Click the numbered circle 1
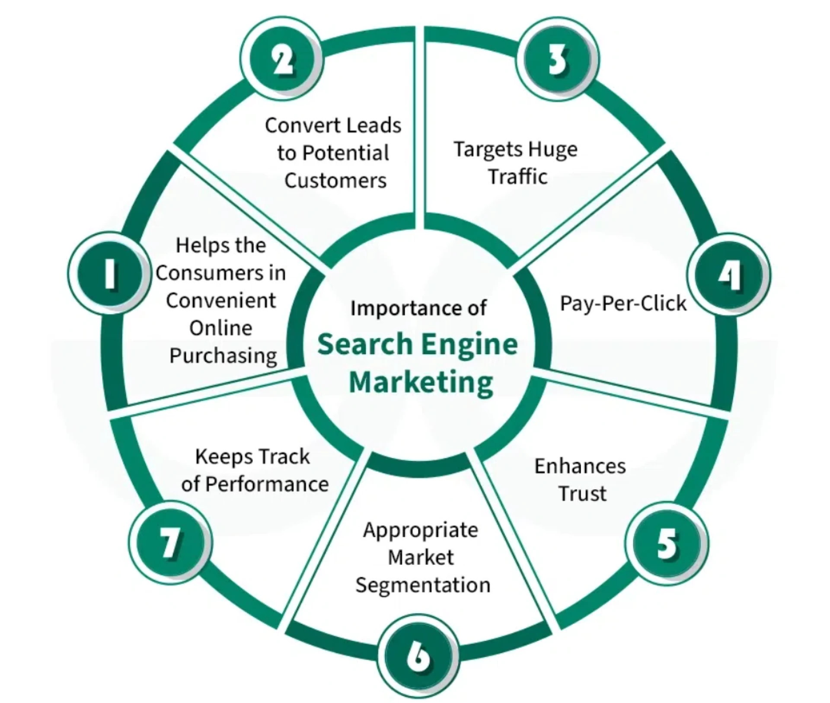[x=110, y=273]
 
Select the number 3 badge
[x=557, y=59]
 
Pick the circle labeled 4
[x=729, y=275]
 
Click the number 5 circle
[x=667, y=544]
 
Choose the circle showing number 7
[x=170, y=543]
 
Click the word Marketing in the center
[x=421, y=383]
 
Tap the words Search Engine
[x=418, y=344]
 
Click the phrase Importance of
[x=418, y=308]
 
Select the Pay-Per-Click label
[x=623, y=303]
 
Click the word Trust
[x=582, y=494]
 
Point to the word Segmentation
[x=423, y=585]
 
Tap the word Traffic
[x=517, y=176]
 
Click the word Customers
[x=335, y=180]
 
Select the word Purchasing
[x=223, y=356]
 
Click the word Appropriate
[x=421, y=530]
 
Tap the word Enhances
[x=580, y=466]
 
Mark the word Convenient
[x=221, y=300]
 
